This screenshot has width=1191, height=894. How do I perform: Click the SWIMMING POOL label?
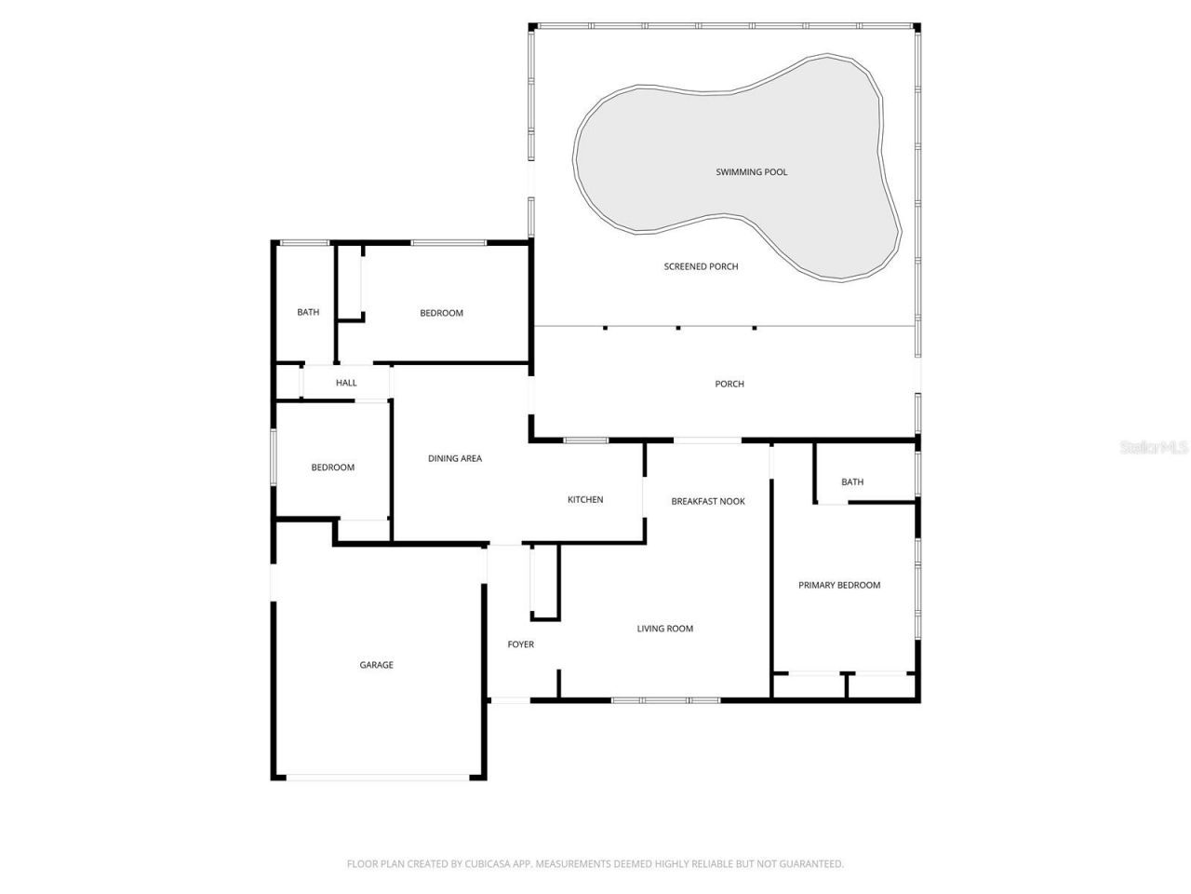coord(751,172)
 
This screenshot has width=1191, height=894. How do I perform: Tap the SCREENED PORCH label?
coord(701,266)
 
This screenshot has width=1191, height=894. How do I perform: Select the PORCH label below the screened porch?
coord(729,384)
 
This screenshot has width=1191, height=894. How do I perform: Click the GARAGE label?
coord(376,665)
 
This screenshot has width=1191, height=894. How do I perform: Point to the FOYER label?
coord(520,644)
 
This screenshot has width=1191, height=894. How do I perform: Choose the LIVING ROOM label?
coord(664,629)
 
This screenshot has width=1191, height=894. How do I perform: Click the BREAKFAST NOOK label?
coord(708,501)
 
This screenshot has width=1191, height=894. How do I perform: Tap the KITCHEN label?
coord(585,500)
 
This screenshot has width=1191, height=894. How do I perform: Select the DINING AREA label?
coord(454,458)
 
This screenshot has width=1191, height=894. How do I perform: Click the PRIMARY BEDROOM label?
coord(838,585)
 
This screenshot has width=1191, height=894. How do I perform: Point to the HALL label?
coord(346,383)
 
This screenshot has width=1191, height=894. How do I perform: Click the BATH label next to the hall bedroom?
coord(308,312)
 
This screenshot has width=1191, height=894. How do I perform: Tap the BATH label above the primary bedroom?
coord(851,481)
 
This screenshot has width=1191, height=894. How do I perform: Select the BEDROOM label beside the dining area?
coord(332,467)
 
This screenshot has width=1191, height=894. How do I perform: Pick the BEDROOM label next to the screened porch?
coord(441,313)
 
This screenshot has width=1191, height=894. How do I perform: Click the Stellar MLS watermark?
coord(1154,448)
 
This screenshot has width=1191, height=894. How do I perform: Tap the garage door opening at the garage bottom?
coord(377,777)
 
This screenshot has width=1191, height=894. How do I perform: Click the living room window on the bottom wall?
coord(665,699)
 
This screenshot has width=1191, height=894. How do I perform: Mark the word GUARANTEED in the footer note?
coord(811,864)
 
